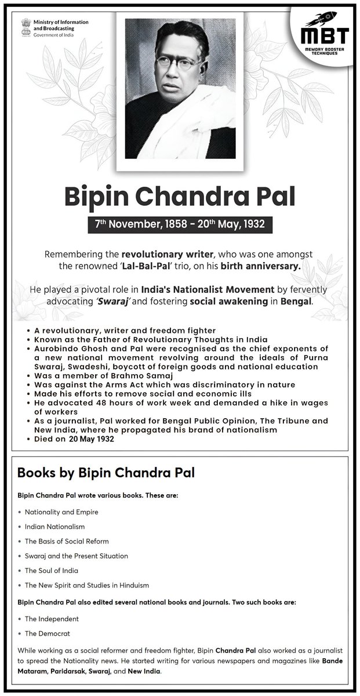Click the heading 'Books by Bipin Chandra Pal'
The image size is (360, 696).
tap(106, 472)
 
